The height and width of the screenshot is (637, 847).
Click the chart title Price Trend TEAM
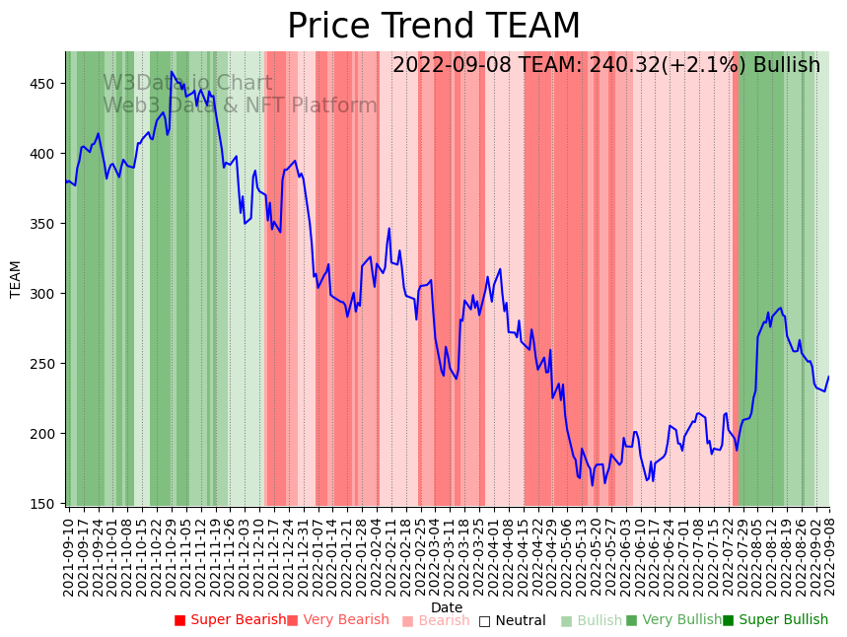434,27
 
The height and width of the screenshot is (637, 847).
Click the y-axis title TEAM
16,279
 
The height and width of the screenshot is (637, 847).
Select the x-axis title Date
447,607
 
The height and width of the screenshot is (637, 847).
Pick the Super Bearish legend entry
231,620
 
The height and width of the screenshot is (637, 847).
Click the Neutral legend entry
512,620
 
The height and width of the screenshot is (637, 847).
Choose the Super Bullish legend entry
776,620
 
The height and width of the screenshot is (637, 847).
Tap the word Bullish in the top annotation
786,66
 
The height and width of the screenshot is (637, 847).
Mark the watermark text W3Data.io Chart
187,83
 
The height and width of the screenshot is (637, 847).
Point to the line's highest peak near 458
172,72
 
